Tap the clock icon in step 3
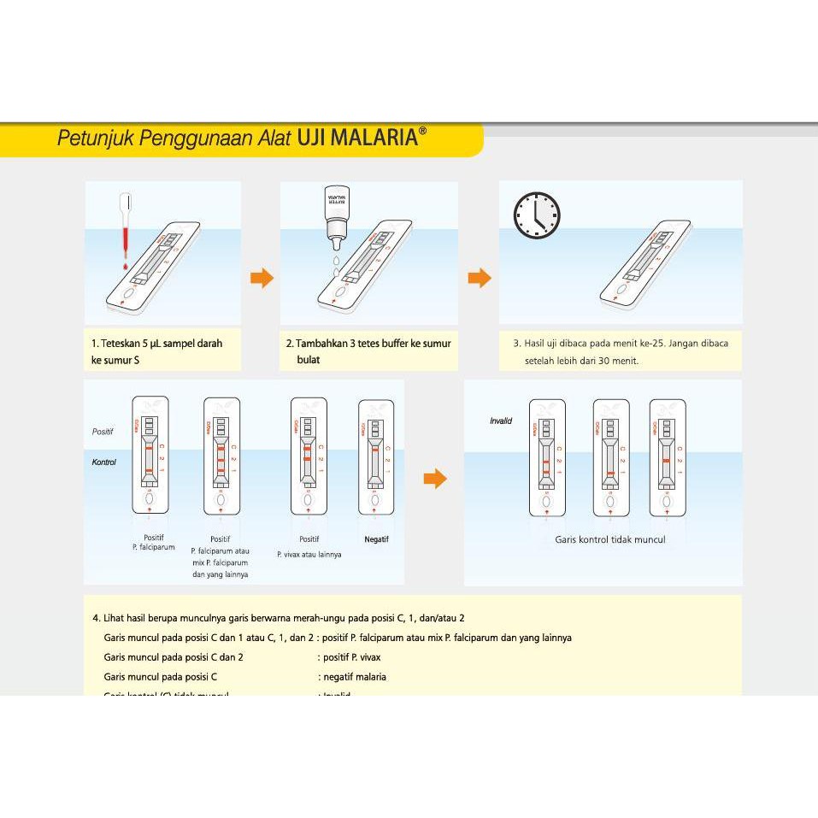[x=536, y=215]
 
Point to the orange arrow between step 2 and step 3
[x=480, y=278]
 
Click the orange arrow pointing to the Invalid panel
[x=435, y=479]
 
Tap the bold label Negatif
[x=376, y=539]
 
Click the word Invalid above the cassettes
[x=501, y=421]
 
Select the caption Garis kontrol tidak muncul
[x=609, y=539]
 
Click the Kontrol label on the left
[x=103, y=462]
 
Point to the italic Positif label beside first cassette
[x=103, y=432]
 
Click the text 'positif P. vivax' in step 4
[x=350, y=657]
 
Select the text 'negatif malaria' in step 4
[x=353, y=677]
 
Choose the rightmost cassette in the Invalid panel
[x=668, y=458]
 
